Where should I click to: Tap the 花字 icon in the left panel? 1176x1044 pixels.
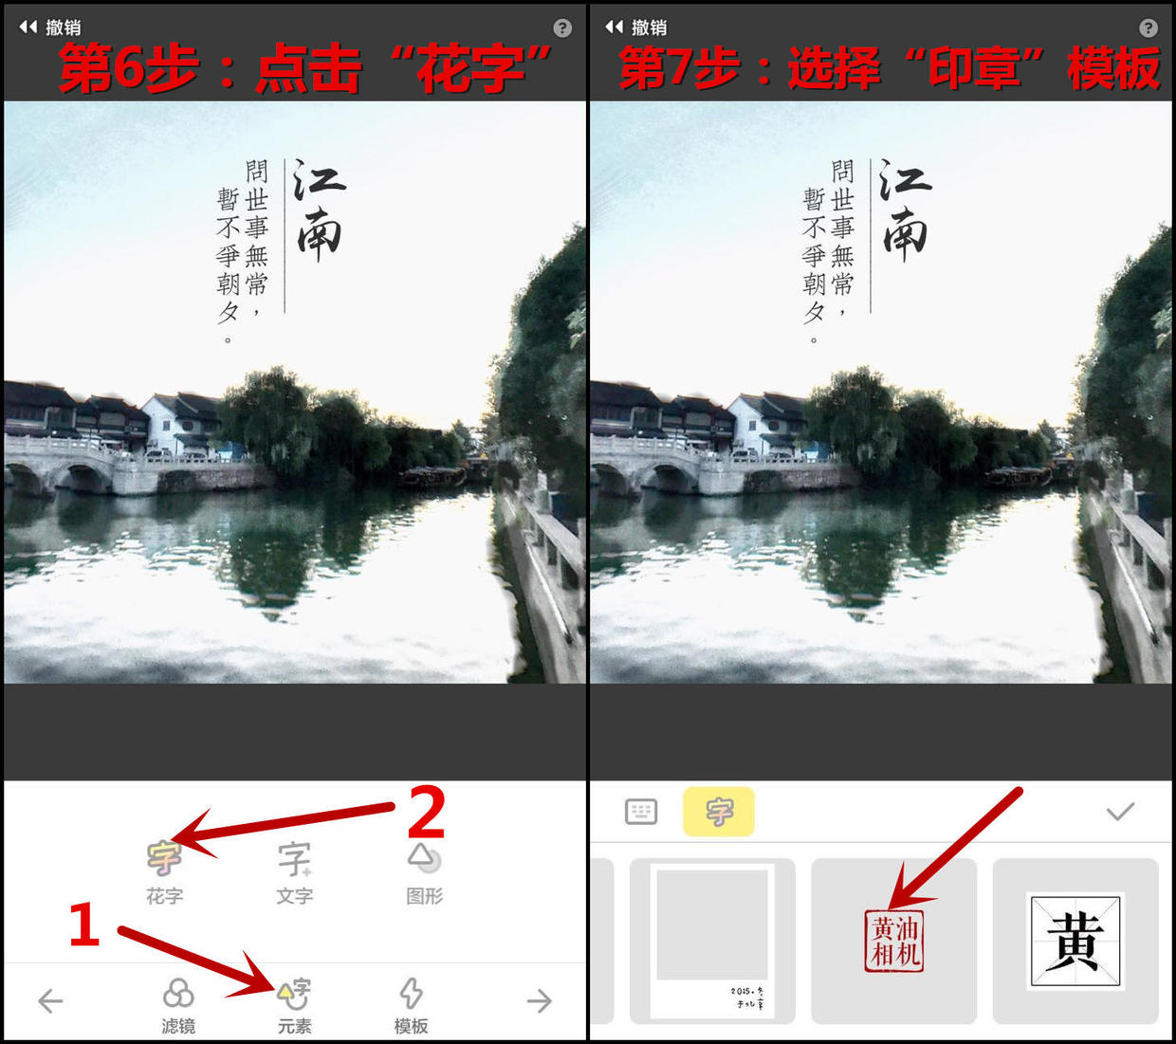point(164,858)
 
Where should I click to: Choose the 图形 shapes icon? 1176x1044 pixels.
point(424,858)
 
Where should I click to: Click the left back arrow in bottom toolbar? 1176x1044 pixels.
point(50,1000)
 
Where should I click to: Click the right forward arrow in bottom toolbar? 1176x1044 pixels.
point(540,1000)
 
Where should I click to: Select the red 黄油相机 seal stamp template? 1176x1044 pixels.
point(894,941)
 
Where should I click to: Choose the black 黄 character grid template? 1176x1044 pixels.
point(1075,941)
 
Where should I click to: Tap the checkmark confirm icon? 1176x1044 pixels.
point(1120,812)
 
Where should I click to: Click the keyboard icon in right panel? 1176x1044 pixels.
point(641,812)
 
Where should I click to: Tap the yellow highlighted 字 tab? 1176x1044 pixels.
point(719,812)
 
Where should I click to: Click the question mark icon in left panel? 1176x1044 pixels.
point(562,28)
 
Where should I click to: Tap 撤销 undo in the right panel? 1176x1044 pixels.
point(636,27)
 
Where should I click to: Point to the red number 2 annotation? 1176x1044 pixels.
point(426,812)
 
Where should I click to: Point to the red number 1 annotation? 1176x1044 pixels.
point(84,925)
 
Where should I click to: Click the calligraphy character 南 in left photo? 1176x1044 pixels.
point(320,235)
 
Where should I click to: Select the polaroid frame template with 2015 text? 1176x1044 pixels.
point(712,941)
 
